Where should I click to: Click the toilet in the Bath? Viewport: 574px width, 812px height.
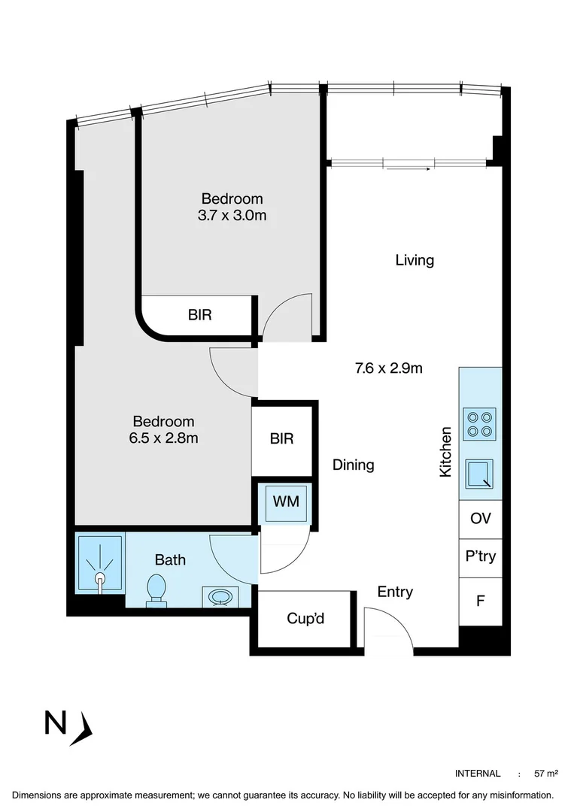click(x=156, y=590)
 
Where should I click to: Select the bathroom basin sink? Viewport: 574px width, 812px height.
click(x=220, y=597)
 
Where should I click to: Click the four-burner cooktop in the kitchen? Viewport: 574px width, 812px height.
click(x=479, y=424)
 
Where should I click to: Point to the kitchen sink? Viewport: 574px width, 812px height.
click(x=479, y=474)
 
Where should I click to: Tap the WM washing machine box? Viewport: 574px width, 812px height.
click(x=286, y=501)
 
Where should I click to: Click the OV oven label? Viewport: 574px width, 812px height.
click(x=480, y=518)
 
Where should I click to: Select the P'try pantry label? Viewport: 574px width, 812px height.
click(x=481, y=556)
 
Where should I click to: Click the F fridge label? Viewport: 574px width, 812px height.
click(x=480, y=601)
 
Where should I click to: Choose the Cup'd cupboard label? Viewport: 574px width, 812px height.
click(x=305, y=618)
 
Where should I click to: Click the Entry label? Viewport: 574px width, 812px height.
click(x=395, y=592)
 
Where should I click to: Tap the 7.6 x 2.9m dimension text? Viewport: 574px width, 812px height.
click(x=388, y=368)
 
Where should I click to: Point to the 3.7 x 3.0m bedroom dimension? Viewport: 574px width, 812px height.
click(x=232, y=215)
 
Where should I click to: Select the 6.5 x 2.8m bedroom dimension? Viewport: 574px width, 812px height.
click(x=164, y=438)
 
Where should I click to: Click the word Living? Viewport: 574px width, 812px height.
click(x=415, y=260)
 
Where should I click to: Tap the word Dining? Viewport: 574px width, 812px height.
click(x=354, y=465)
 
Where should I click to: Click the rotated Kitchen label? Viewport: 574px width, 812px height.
click(x=445, y=452)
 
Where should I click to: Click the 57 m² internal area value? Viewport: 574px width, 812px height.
click(x=546, y=774)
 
